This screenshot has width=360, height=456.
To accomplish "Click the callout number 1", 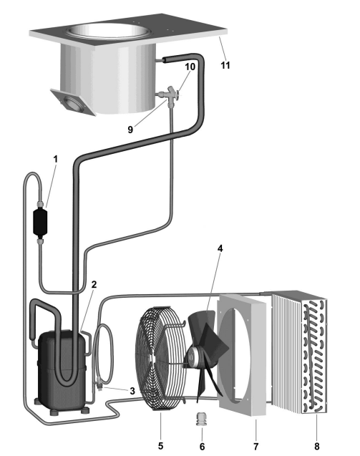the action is pos(55,160).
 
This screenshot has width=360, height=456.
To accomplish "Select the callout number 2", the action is pos(94,284).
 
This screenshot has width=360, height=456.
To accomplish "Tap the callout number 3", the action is pos(132,391).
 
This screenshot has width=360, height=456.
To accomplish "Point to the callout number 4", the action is pos(220,248).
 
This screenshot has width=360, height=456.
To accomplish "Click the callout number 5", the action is pos(160,445).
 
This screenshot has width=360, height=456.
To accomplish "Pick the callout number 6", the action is pos(202,446).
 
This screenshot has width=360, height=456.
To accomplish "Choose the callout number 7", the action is pos(256,446).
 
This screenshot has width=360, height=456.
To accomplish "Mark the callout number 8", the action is pos(316,446).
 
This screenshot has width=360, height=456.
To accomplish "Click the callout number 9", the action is pos(130,130).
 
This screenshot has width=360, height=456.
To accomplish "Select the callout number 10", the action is pos(190,67).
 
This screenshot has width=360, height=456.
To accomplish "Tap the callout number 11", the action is pos(225,65).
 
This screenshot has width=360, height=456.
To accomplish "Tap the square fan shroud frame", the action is pos(242,354).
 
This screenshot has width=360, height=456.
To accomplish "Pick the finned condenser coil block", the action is pos(299,351).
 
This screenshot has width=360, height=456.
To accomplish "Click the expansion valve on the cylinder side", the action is pos(170,94).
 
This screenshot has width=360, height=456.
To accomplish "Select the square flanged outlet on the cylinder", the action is pos(73,102).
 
